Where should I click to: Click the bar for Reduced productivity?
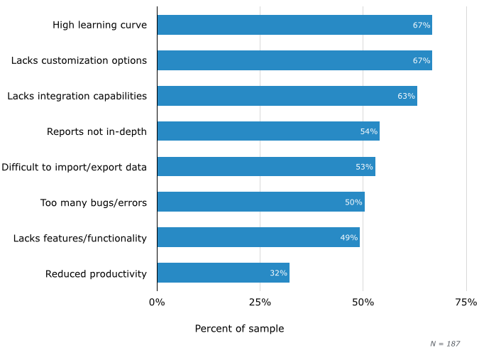click(223, 273)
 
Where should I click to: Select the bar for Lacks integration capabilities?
click(287, 96)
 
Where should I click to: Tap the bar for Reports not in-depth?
click(268, 131)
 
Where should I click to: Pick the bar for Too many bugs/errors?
click(260, 202)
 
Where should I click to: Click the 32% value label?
click(278, 273)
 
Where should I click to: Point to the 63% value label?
click(406, 96)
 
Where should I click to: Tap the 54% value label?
click(369, 131)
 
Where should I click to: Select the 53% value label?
click(364, 167)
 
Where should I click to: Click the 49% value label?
click(349, 238)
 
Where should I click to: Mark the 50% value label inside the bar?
click(353, 202)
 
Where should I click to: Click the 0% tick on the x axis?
click(157, 302)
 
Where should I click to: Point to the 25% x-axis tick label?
click(260, 302)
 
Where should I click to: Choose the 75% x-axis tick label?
click(466, 302)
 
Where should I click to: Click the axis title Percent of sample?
click(239, 329)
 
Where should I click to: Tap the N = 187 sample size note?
click(445, 344)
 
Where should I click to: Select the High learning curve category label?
click(99, 25)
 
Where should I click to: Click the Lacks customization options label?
click(79, 60)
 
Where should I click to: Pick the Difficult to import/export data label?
click(74, 167)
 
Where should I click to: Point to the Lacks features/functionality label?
click(80, 238)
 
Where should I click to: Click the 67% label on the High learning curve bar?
click(422, 25)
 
